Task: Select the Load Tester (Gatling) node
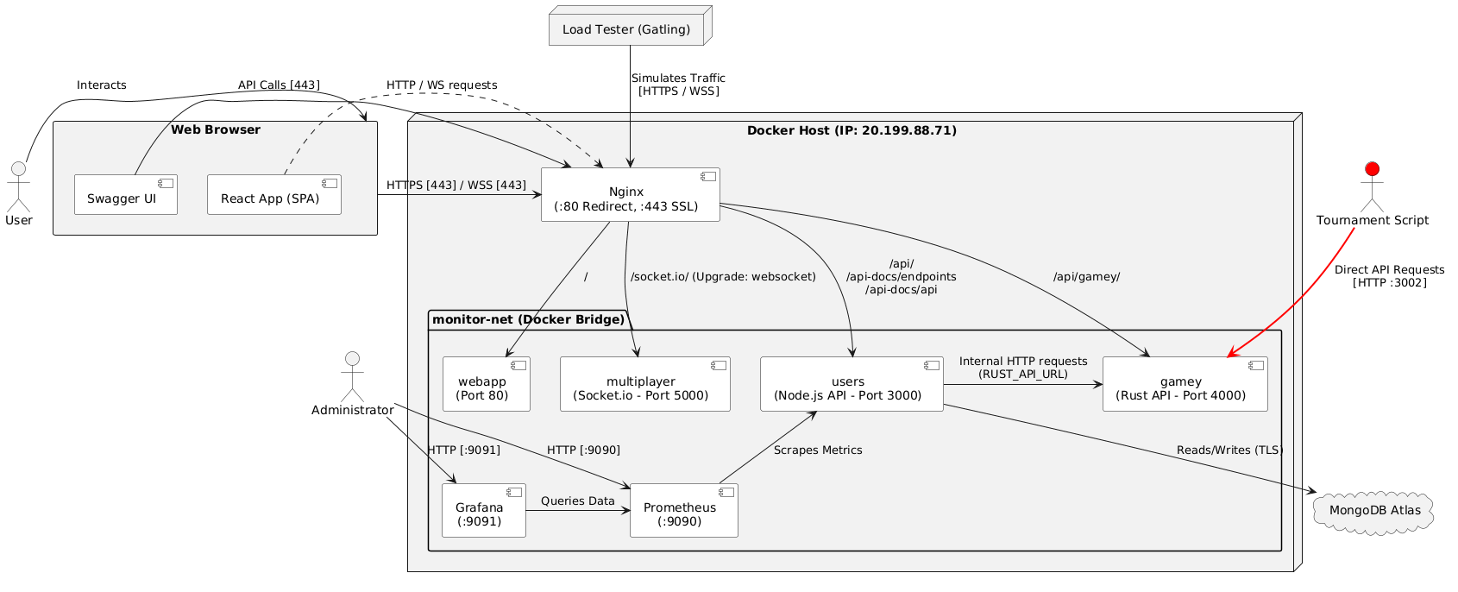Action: click(x=626, y=30)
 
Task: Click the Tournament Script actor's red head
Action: click(x=1372, y=167)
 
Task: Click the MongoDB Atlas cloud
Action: click(x=1373, y=511)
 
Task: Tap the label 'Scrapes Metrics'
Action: click(x=817, y=450)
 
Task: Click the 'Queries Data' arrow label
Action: click(x=577, y=501)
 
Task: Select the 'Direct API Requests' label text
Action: click(x=1389, y=270)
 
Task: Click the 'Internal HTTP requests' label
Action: click(x=1022, y=362)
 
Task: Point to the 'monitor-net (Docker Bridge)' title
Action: click(x=528, y=320)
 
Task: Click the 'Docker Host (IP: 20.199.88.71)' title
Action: click(x=851, y=131)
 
